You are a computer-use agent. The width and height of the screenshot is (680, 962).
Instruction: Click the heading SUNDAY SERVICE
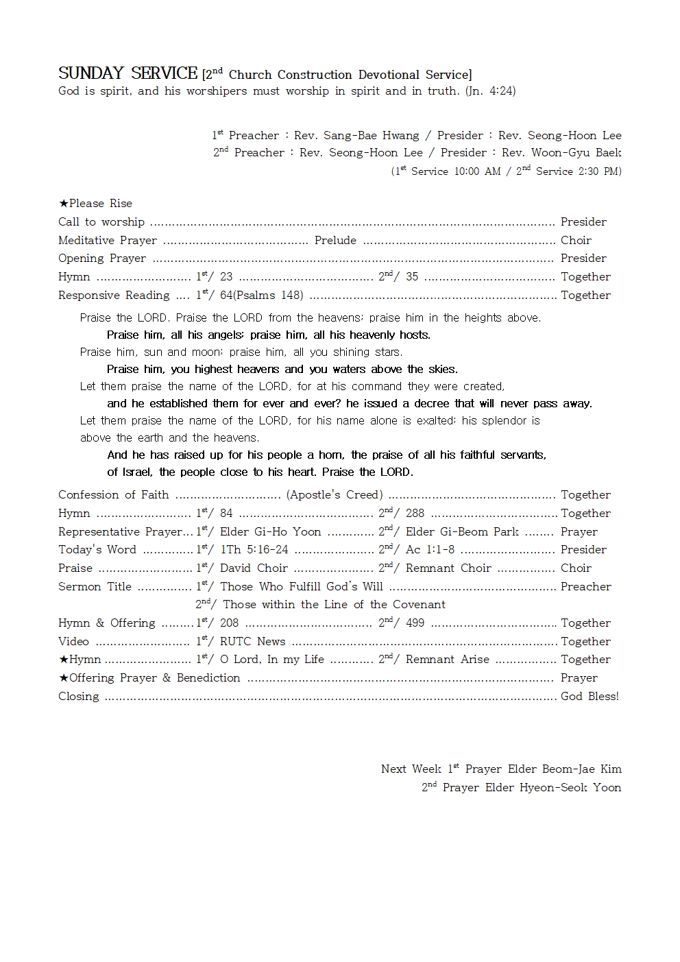tap(127, 73)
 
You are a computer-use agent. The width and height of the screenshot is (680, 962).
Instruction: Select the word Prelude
tap(335, 240)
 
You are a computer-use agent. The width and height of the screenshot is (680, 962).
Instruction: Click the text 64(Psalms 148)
tap(262, 295)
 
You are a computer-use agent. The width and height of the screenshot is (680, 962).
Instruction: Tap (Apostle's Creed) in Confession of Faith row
tap(335, 494)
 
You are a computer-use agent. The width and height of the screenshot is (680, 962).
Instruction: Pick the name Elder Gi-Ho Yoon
tap(270, 531)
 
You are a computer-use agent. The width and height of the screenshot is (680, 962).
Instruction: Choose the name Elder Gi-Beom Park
tap(462, 531)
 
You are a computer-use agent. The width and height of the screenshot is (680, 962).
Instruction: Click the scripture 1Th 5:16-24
tap(254, 549)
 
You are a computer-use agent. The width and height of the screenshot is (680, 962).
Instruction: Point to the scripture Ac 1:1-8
tap(430, 549)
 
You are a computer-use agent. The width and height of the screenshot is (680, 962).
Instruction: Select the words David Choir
tap(254, 568)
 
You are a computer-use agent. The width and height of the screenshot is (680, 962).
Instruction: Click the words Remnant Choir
tap(448, 568)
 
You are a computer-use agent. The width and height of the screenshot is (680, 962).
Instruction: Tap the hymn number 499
tap(415, 623)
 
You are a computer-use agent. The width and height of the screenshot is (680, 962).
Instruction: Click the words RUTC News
tap(252, 641)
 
